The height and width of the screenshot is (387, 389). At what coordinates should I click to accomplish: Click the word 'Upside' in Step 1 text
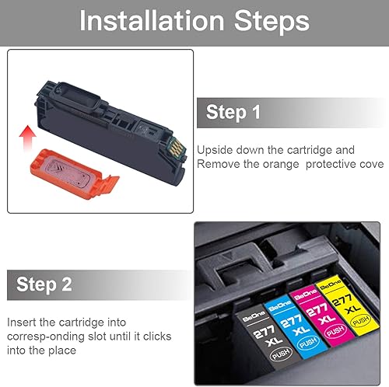tap(216, 149)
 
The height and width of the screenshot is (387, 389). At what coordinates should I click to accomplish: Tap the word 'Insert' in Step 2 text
tap(22, 321)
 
